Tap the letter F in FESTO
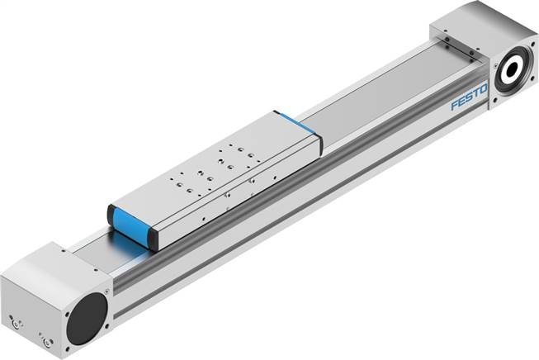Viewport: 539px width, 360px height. click(454, 106)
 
